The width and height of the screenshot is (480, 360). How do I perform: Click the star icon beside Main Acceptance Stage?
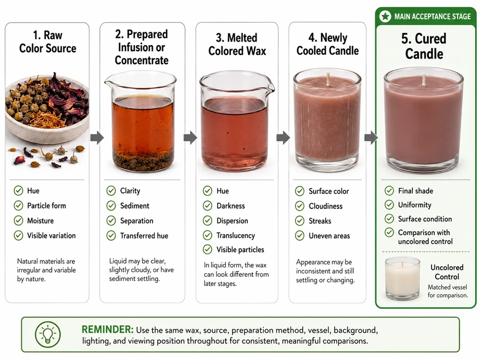[385, 16]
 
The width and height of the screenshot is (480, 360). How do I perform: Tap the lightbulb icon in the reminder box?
[47, 334]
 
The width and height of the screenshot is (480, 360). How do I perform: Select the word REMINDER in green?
[107, 330]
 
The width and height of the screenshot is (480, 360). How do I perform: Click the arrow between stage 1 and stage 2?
[97, 138]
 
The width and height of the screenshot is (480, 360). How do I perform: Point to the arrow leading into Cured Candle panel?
[371, 138]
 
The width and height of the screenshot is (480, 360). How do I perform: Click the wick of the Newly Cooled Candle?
[328, 79]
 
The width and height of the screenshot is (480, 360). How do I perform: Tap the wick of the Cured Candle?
[423, 79]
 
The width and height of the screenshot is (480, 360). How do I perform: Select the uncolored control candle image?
[402, 278]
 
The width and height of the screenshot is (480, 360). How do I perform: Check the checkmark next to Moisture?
[18, 220]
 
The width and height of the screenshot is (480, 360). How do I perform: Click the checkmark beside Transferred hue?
[111, 235]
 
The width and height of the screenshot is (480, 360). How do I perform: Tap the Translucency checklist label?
[236, 235]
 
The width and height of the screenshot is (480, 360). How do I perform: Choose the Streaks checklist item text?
[320, 221]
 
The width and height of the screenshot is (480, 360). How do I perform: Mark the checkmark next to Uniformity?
[389, 204]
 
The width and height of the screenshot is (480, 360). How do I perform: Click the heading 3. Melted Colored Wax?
[237, 44]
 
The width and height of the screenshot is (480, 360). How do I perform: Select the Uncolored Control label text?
[447, 272]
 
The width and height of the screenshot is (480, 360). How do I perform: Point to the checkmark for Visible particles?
[207, 250]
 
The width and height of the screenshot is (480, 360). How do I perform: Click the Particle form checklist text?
[46, 205]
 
